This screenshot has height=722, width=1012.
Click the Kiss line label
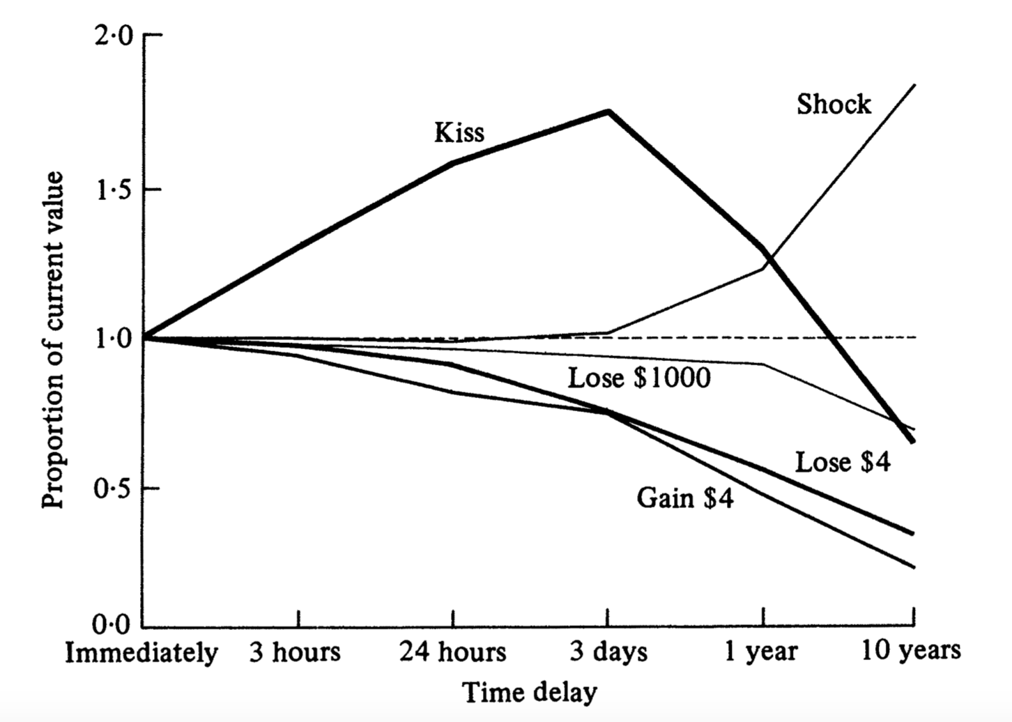coord(459,132)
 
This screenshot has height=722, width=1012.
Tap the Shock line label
coord(834,104)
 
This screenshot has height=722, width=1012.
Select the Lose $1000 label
coord(639,378)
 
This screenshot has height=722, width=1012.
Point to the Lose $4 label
coord(843,462)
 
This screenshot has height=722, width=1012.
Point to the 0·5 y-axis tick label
coord(113,489)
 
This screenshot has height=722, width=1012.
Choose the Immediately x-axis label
coord(141,653)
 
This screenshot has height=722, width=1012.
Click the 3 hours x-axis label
coord(296,653)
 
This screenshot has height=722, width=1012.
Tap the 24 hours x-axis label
coord(452,653)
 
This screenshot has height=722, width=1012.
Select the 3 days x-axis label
coord(608,653)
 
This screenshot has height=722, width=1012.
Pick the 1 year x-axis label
coord(761,653)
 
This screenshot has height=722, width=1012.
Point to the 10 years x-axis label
coord(911,652)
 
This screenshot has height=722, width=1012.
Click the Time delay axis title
coord(530,693)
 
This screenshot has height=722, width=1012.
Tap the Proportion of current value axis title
coord(53,339)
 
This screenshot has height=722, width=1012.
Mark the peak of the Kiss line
coord(608,111)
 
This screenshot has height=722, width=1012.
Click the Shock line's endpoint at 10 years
coord(914,85)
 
